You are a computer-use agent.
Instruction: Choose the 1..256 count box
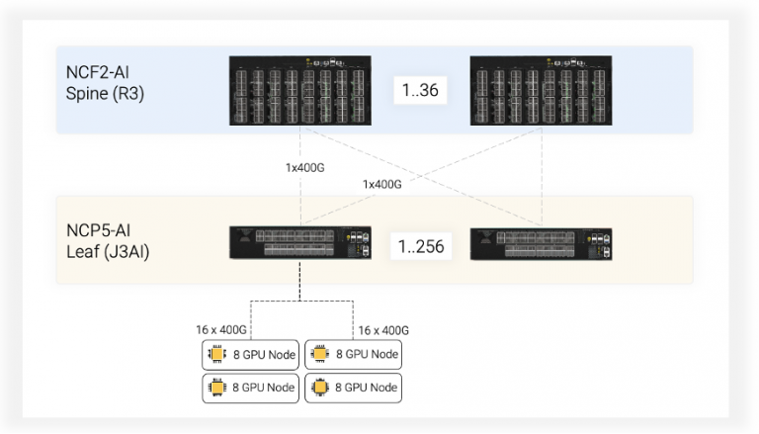pyautogui.click(x=419, y=245)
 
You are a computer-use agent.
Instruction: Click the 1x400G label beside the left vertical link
pyautogui.click(x=304, y=167)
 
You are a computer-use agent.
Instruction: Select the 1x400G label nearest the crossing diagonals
pyautogui.click(x=382, y=184)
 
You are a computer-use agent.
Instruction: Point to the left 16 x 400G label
pyautogui.click(x=222, y=330)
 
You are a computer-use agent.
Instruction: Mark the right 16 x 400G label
pyautogui.click(x=383, y=330)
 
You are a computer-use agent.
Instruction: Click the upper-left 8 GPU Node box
pyautogui.click(x=250, y=354)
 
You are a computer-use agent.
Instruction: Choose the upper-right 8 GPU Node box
pyautogui.click(x=354, y=354)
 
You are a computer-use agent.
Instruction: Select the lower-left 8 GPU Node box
pyautogui.click(x=250, y=388)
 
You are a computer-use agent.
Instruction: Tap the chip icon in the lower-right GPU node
pyautogui.click(x=319, y=388)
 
